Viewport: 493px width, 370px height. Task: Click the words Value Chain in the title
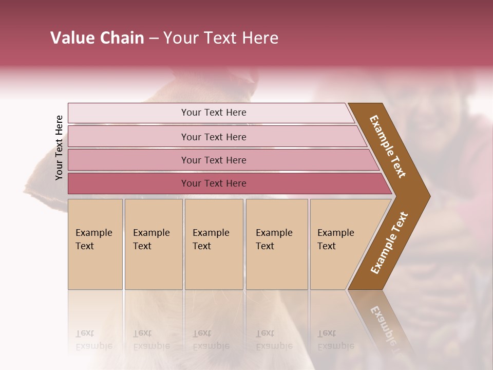(x=97, y=38)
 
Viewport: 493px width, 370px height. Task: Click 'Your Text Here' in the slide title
(x=221, y=38)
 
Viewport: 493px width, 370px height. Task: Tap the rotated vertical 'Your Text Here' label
(x=59, y=147)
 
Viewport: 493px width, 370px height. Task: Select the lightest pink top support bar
(x=128, y=113)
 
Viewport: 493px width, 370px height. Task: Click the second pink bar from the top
(x=128, y=137)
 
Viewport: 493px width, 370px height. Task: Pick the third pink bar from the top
(x=128, y=160)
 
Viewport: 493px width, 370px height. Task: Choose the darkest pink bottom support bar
(x=128, y=183)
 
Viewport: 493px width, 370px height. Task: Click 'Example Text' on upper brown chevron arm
(x=388, y=146)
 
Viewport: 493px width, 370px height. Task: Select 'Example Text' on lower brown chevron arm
(x=389, y=243)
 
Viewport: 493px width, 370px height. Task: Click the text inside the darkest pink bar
(x=214, y=183)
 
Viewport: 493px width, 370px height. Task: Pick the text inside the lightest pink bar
(x=214, y=113)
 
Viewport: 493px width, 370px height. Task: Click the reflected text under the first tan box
(x=93, y=340)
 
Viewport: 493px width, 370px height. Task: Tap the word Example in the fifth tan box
(x=336, y=233)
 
